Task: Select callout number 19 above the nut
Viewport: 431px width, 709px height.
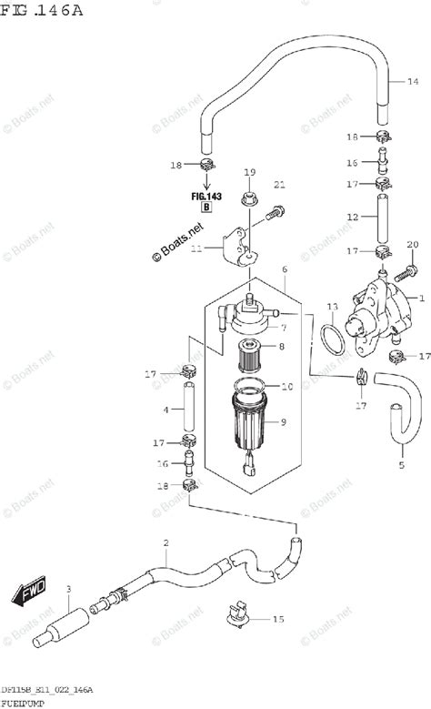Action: click(x=248, y=171)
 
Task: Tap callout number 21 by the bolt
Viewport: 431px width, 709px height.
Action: click(x=280, y=185)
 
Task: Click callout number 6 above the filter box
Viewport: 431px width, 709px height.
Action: click(x=284, y=270)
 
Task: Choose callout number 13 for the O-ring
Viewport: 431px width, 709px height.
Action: click(x=332, y=307)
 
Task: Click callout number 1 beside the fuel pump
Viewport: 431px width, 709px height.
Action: click(x=421, y=298)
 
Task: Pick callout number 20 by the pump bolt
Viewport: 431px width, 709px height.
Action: click(x=412, y=244)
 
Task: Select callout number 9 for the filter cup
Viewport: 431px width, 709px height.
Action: click(x=282, y=421)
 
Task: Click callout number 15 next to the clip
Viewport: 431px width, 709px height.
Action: click(x=278, y=620)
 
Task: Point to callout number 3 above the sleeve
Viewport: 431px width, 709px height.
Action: click(x=68, y=589)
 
